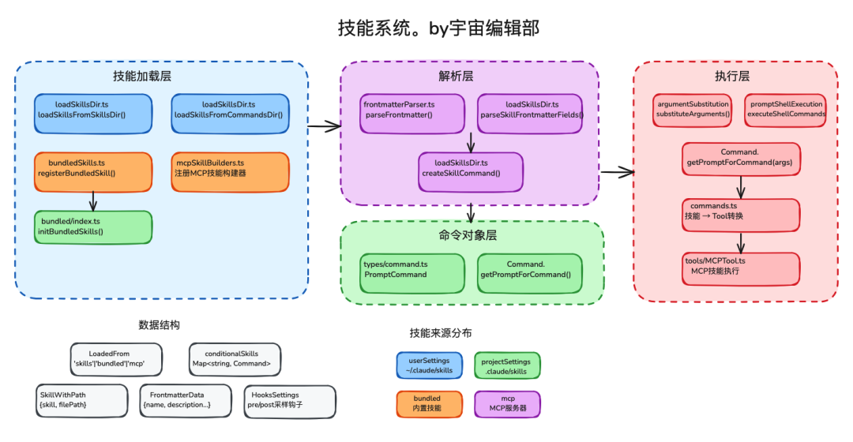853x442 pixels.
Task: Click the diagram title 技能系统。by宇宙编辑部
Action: (x=426, y=28)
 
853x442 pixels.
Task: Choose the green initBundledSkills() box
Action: (x=93, y=227)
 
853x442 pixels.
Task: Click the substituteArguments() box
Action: (x=693, y=109)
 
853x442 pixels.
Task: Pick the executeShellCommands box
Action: (x=785, y=109)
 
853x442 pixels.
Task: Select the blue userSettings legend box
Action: (x=429, y=365)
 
